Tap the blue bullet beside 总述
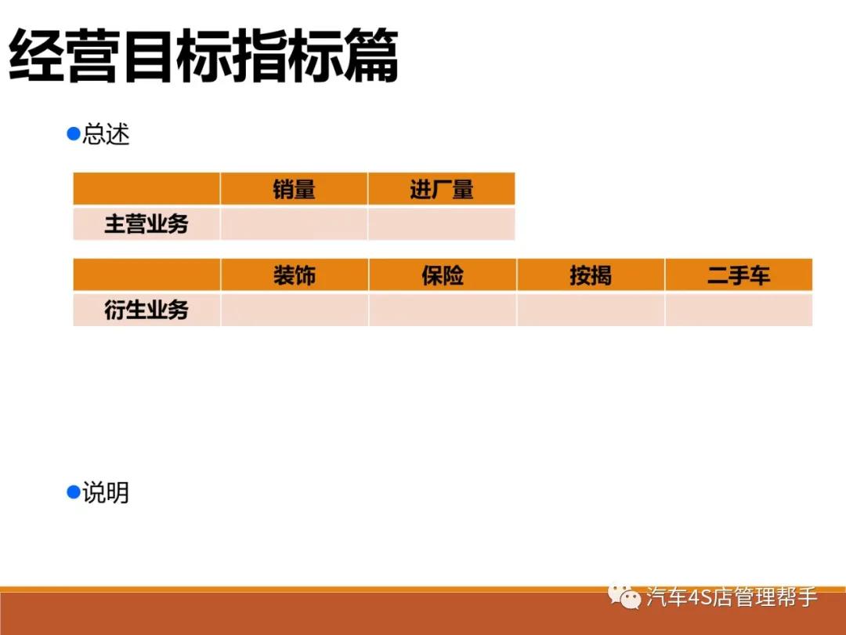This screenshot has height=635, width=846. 74,134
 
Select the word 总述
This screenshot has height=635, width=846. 106,135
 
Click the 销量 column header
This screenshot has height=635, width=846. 294,189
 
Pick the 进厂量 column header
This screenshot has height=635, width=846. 441,189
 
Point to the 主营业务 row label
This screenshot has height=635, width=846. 146,224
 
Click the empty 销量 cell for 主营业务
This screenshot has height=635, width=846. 294,224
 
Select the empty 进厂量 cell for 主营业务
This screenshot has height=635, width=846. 441,224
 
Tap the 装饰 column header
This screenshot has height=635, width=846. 295,275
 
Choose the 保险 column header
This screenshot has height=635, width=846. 443,275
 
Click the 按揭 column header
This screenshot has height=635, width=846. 591,275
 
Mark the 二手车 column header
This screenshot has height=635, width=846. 739,275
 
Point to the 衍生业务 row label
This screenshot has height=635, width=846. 146,310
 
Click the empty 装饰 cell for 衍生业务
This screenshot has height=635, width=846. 295,310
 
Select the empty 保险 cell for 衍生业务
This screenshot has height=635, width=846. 443,310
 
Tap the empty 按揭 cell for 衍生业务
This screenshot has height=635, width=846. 591,310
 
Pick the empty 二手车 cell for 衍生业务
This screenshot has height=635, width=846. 739,310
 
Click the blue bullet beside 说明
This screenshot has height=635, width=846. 74,492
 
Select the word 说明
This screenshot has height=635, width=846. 106,493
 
